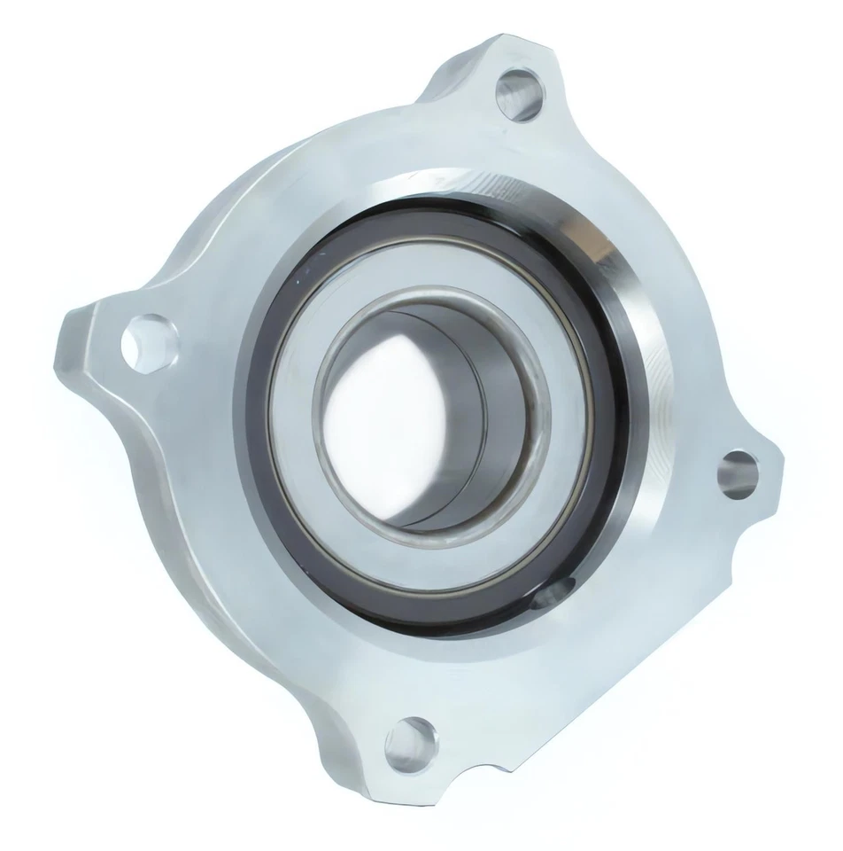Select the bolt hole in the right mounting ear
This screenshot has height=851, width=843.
738,471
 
